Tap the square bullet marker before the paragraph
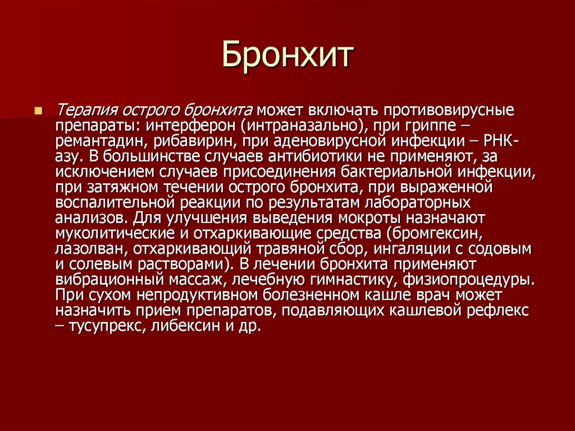[x=38, y=111]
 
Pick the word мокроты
[x=369, y=219]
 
